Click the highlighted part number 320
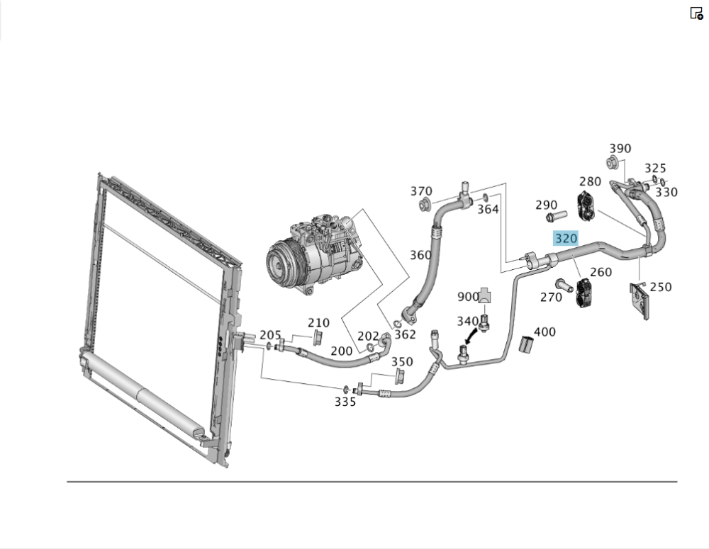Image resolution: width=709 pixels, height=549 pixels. point(566,238)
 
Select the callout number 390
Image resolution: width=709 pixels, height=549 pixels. point(620,149)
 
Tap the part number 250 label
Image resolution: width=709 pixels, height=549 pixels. point(660,287)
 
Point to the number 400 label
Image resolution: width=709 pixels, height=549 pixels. point(545,332)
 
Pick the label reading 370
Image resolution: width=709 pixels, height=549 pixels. point(421,191)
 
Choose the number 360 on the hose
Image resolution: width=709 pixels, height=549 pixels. point(420,255)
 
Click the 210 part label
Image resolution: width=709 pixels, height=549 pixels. point(318,324)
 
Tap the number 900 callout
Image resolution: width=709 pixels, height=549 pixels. point(468,296)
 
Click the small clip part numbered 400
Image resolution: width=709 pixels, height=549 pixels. point(526,344)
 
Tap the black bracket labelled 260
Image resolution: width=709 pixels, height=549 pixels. point(584,293)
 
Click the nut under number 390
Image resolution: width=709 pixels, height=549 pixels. point(612,164)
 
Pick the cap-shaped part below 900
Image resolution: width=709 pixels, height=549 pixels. point(485,295)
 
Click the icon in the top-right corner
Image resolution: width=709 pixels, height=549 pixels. point(696,13)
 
